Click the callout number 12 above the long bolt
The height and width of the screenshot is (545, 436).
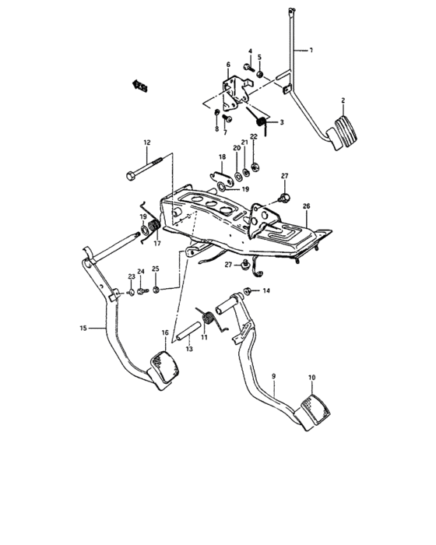pyautogui.click(x=146, y=142)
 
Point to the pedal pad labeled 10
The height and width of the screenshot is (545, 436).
pyautogui.click(x=313, y=410)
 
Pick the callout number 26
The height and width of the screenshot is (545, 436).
pyautogui.click(x=306, y=206)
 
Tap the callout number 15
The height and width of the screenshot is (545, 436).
pyautogui.click(x=84, y=328)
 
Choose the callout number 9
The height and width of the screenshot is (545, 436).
pyautogui.click(x=274, y=377)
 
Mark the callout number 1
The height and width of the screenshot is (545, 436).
pyautogui.click(x=310, y=51)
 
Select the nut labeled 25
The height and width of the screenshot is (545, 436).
pyautogui.click(x=156, y=290)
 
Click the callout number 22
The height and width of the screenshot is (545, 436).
pyautogui.click(x=254, y=137)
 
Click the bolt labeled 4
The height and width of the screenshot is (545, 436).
pyautogui.click(x=247, y=69)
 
